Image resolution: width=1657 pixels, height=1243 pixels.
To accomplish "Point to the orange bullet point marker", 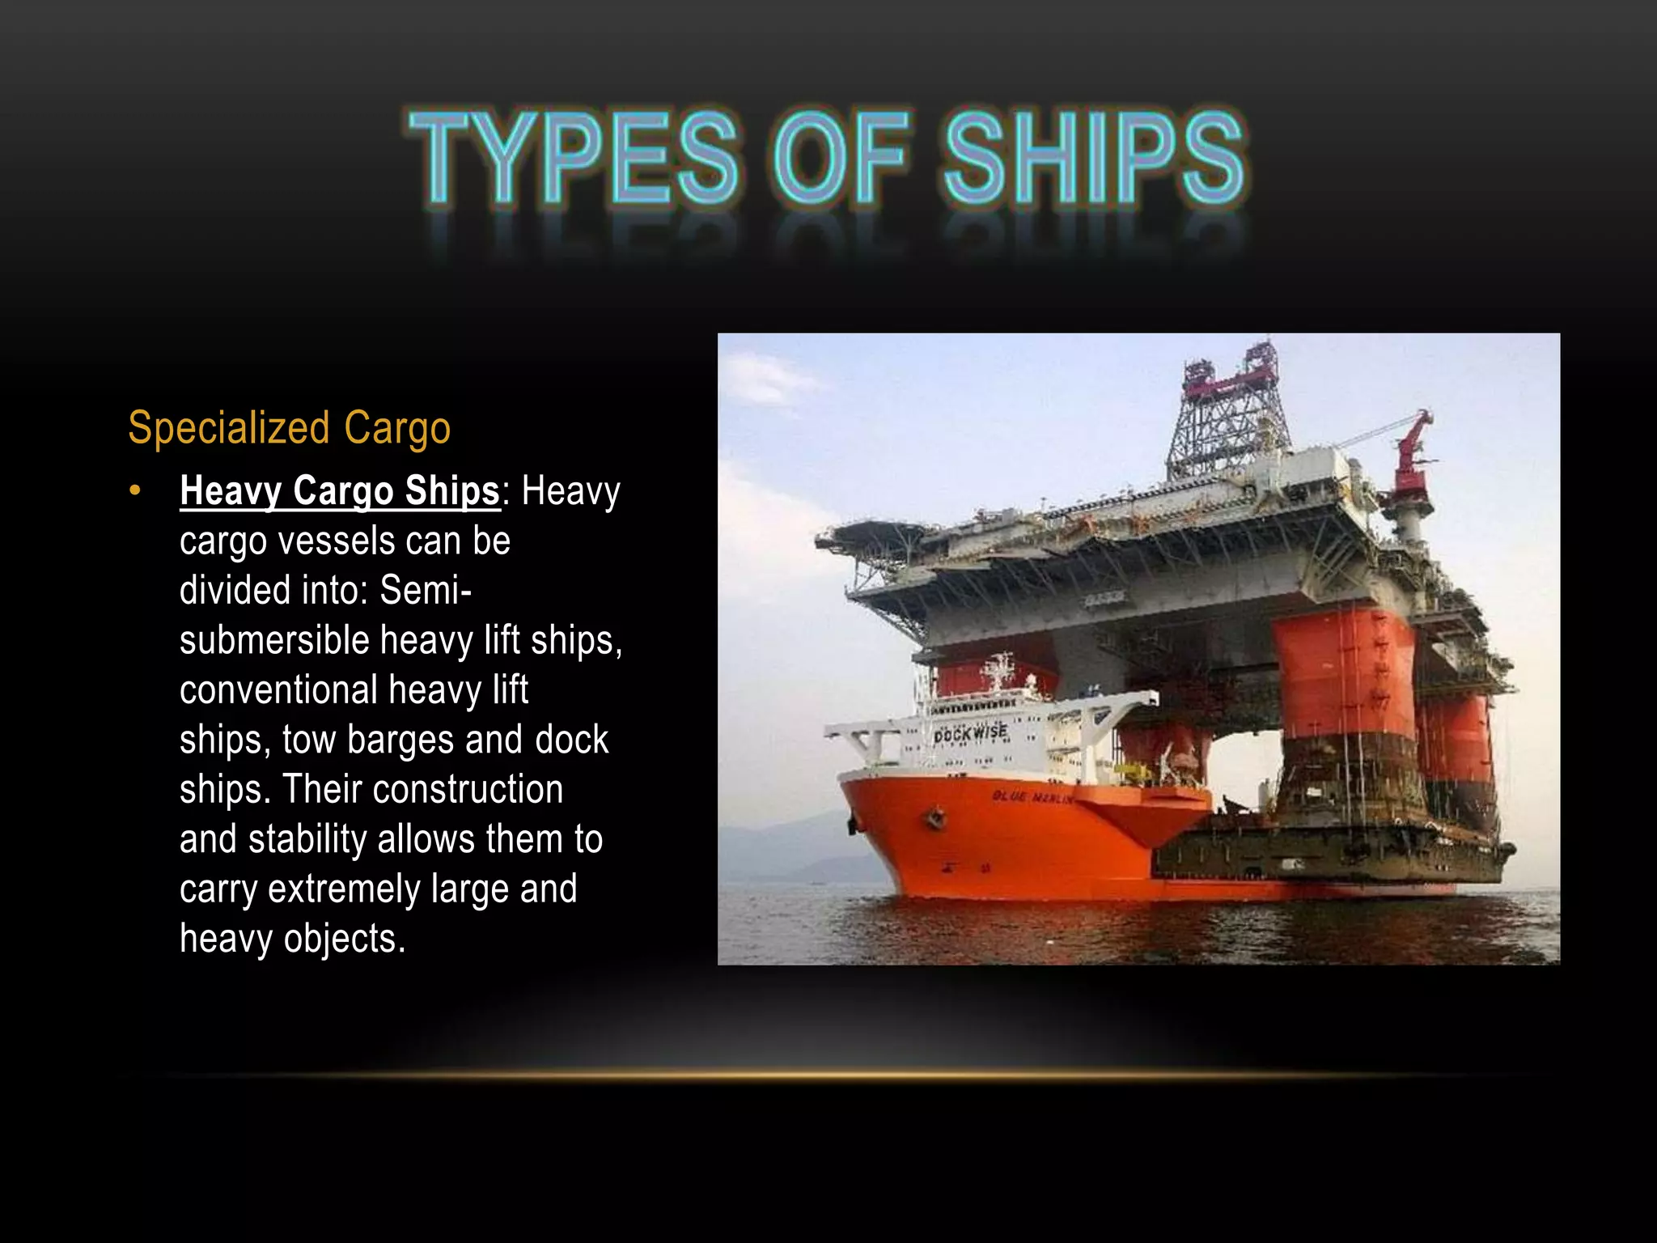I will (135, 490).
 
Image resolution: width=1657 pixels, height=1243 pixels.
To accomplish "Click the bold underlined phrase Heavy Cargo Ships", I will (340, 490).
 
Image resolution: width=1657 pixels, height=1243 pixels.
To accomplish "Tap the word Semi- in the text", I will (426, 590).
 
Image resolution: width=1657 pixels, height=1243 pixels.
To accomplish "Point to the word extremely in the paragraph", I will (344, 889).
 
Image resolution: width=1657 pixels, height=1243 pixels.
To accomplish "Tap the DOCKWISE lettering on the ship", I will (971, 733).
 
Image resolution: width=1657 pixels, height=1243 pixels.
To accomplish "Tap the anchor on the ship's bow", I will (936, 817).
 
